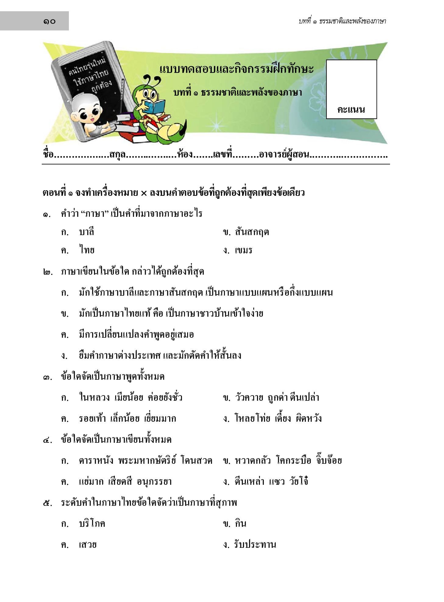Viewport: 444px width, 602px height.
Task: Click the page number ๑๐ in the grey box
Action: pyautogui.click(x=49, y=21)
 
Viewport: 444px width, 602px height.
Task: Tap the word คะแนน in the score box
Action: pyautogui.click(x=351, y=109)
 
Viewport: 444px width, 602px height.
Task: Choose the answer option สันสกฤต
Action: pyautogui.click(x=252, y=232)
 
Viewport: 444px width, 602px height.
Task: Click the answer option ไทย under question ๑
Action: pyautogui.click(x=87, y=250)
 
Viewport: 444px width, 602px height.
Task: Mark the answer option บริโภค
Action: pyautogui.click(x=92, y=523)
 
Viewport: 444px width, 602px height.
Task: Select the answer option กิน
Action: pyautogui.click(x=240, y=523)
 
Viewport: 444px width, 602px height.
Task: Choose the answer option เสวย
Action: pyautogui.click(x=87, y=544)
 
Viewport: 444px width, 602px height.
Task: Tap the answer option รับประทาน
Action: pyautogui.click(x=255, y=544)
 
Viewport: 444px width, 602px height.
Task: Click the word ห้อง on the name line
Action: pyautogui.click(x=185, y=155)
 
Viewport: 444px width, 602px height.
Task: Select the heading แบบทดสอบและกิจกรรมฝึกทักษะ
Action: pyautogui.click(x=236, y=69)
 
